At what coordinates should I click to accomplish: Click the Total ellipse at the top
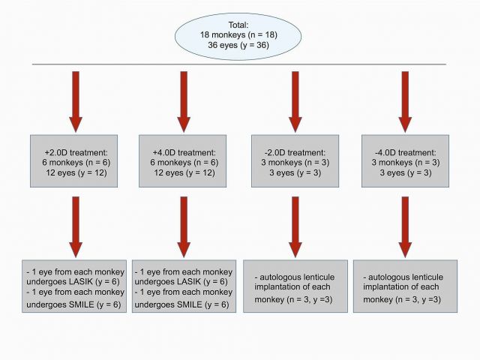[x=238, y=37]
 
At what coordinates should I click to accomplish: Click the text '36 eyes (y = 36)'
[x=238, y=45]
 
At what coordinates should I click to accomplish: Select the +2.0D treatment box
[x=73, y=161]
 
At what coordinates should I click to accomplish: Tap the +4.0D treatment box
[x=183, y=161]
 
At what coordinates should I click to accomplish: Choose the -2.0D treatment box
[x=295, y=161]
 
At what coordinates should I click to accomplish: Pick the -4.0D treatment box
[x=405, y=161]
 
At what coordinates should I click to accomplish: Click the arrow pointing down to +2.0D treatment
[x=76, y=102]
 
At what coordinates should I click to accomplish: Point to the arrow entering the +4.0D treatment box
[x=184, y=102]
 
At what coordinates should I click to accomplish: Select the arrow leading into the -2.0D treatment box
[x=295, y=102]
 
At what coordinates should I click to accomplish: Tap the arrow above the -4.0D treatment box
[x=405, y=102]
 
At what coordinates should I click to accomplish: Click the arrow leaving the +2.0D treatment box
[x=76, y=226]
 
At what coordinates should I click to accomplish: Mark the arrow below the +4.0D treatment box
[x=184, y=226]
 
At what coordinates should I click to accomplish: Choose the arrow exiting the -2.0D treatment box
[x=295, y=226]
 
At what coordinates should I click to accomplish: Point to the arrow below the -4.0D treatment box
[x=405, y=226]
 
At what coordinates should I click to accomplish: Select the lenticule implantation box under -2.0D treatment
[x=295, y=286]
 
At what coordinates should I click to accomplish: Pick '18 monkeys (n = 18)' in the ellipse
[x=238, y=35]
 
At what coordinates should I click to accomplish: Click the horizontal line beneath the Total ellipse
[x=239, y=64]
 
